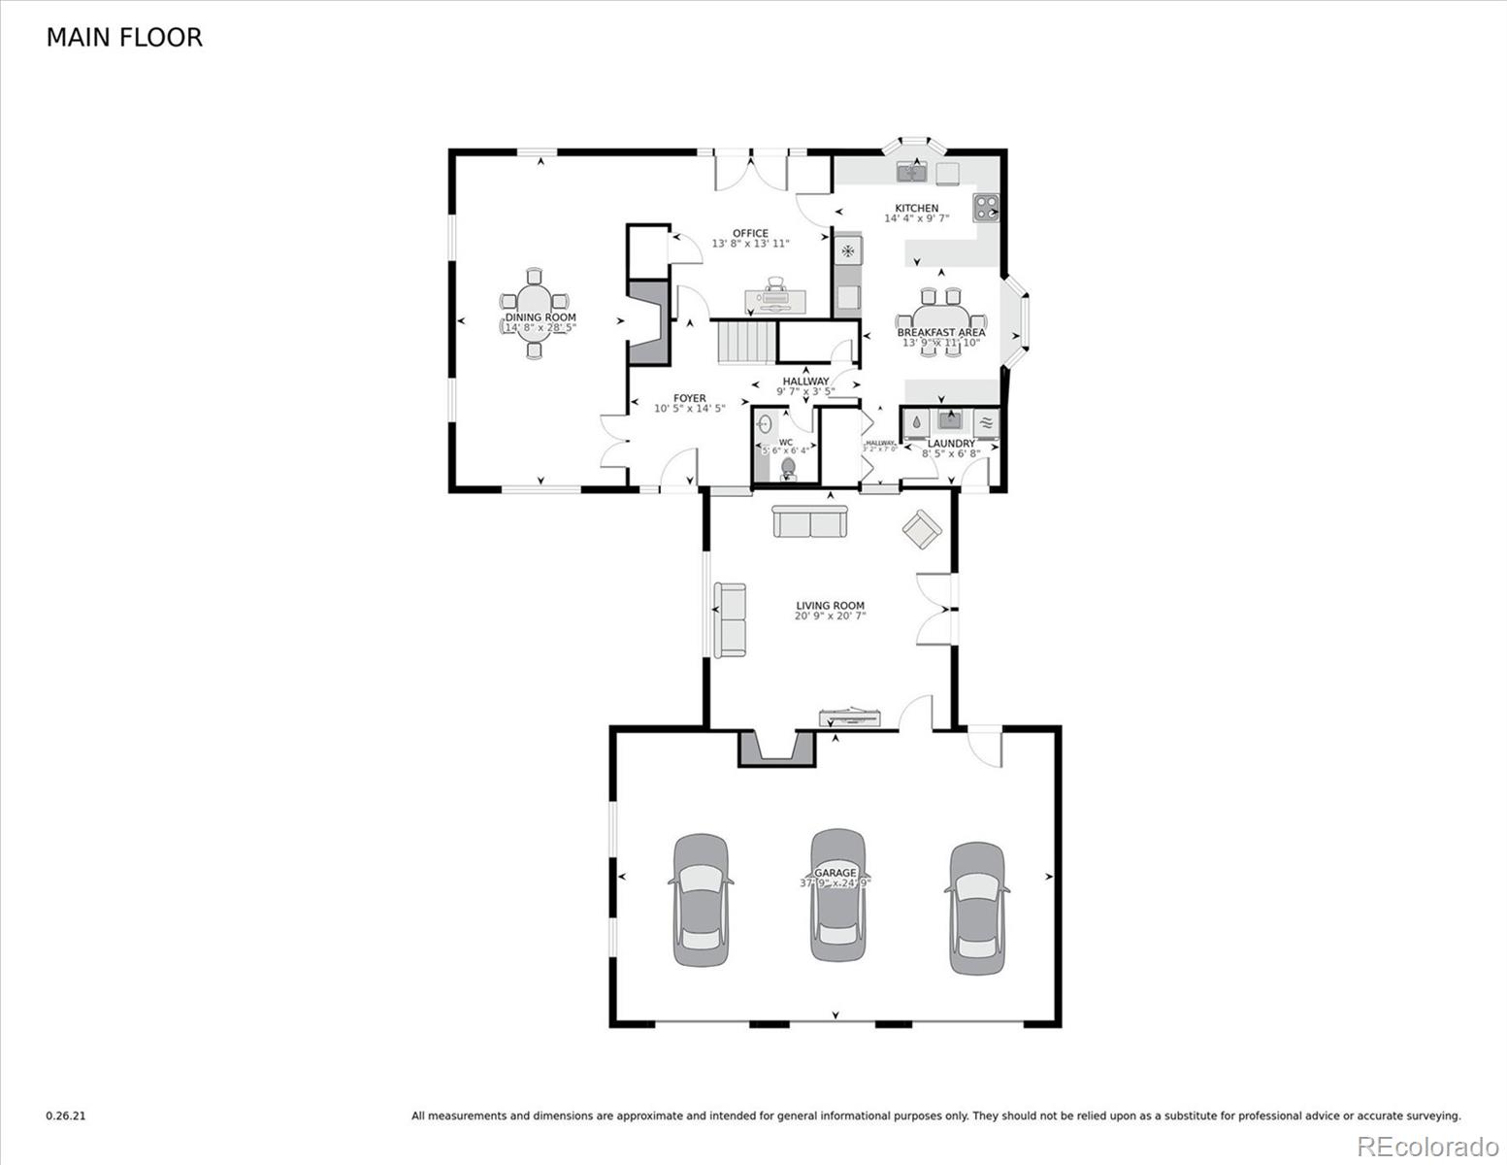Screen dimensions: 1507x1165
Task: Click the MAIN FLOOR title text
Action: click(124, 38)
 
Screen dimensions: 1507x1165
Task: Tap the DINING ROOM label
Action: click(540, 317)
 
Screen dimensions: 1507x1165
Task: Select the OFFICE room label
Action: click(750, 233)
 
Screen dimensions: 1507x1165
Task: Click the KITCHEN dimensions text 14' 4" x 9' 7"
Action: click(916, 219)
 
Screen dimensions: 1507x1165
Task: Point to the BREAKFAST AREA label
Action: click(940, 332)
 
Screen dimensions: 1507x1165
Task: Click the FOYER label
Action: click(690, 398)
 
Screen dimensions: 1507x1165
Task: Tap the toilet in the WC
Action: click(788, 469)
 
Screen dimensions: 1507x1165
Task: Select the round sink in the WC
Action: click(765, 424)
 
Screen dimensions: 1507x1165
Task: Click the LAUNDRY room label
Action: click(951, 444)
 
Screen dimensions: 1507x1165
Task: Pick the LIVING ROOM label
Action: click(830, 606)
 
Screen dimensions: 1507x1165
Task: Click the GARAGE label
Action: click(835, 873)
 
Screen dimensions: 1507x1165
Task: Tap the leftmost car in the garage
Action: click(701, 900)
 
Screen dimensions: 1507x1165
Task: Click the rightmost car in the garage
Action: click(976, 908)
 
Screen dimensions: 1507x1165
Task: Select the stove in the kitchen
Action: click(987, 208)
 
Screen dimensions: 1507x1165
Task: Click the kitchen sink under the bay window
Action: click(912, 173)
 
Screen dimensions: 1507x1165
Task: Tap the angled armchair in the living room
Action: click(921, 530)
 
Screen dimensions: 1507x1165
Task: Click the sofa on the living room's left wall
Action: click(730, 618)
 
